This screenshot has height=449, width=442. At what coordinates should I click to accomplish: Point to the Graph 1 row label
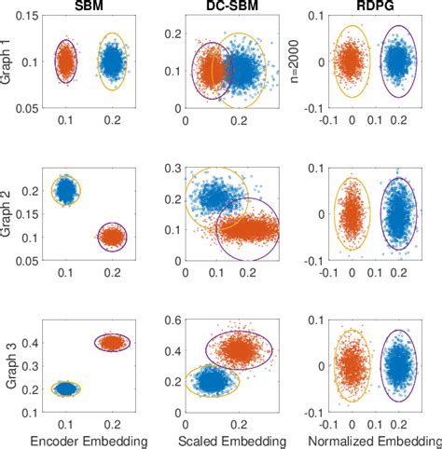pos(7,61)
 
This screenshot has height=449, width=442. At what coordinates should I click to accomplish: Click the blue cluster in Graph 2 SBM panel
pos(65,190)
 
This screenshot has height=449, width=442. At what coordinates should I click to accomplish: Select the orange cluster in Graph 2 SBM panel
pos(112,237)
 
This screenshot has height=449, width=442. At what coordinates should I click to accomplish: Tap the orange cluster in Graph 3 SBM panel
pos(112,343)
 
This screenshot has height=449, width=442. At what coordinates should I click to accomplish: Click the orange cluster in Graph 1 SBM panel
pos(65,62)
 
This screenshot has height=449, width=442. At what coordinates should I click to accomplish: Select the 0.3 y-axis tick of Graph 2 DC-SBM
pos(173,168)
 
